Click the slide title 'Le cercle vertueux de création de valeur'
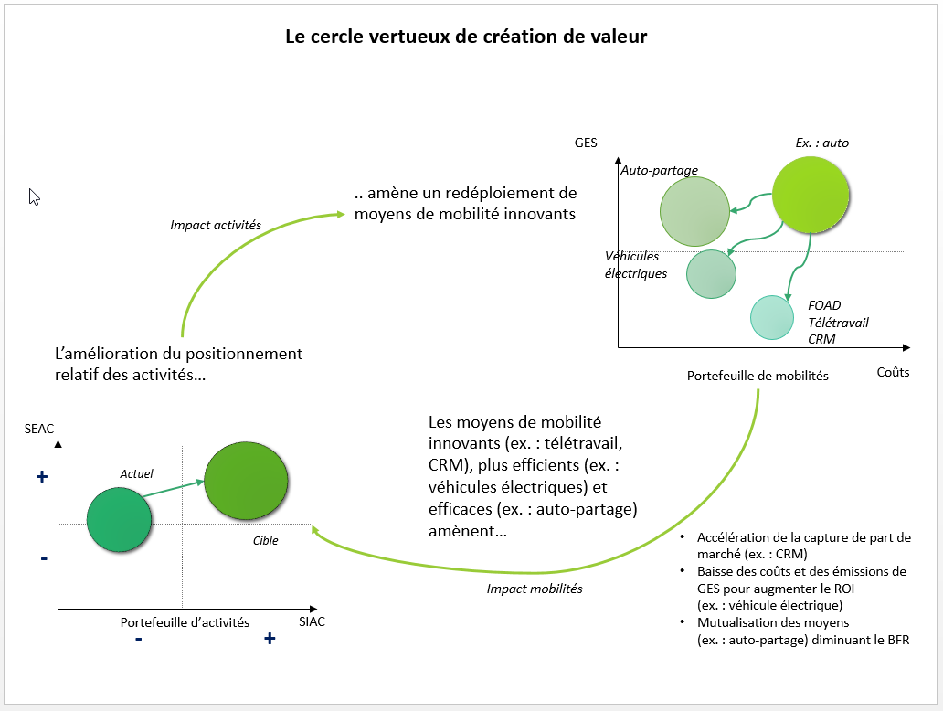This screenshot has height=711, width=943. [x=466, y=37]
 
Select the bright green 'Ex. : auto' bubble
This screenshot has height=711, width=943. [x=811, y=195]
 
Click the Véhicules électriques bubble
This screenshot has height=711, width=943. [x=711, y=273]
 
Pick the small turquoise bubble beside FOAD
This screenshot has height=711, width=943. [x=771, y=316]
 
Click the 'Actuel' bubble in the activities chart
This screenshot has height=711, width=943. [x=118, y=519]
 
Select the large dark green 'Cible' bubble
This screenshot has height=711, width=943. [x=245, y=481]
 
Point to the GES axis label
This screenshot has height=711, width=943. [x=586, y=143]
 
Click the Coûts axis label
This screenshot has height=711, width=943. [x=893, y=372]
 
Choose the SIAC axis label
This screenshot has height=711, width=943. [x=312, y=621]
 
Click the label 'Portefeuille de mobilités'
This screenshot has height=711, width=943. [x=758, y=376]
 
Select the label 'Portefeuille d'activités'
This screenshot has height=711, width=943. [x=185, y=622]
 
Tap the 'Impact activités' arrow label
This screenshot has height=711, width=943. [x=216, y=225]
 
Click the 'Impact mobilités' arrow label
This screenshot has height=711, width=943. [x=535, y=589]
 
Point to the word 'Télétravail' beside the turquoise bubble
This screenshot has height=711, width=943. [x=838, y=323]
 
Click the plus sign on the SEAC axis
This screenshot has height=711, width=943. [x=41, y=477]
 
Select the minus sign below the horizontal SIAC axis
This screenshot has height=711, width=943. [x=138, y=639]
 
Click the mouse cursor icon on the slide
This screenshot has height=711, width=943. [x=34, y=196]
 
